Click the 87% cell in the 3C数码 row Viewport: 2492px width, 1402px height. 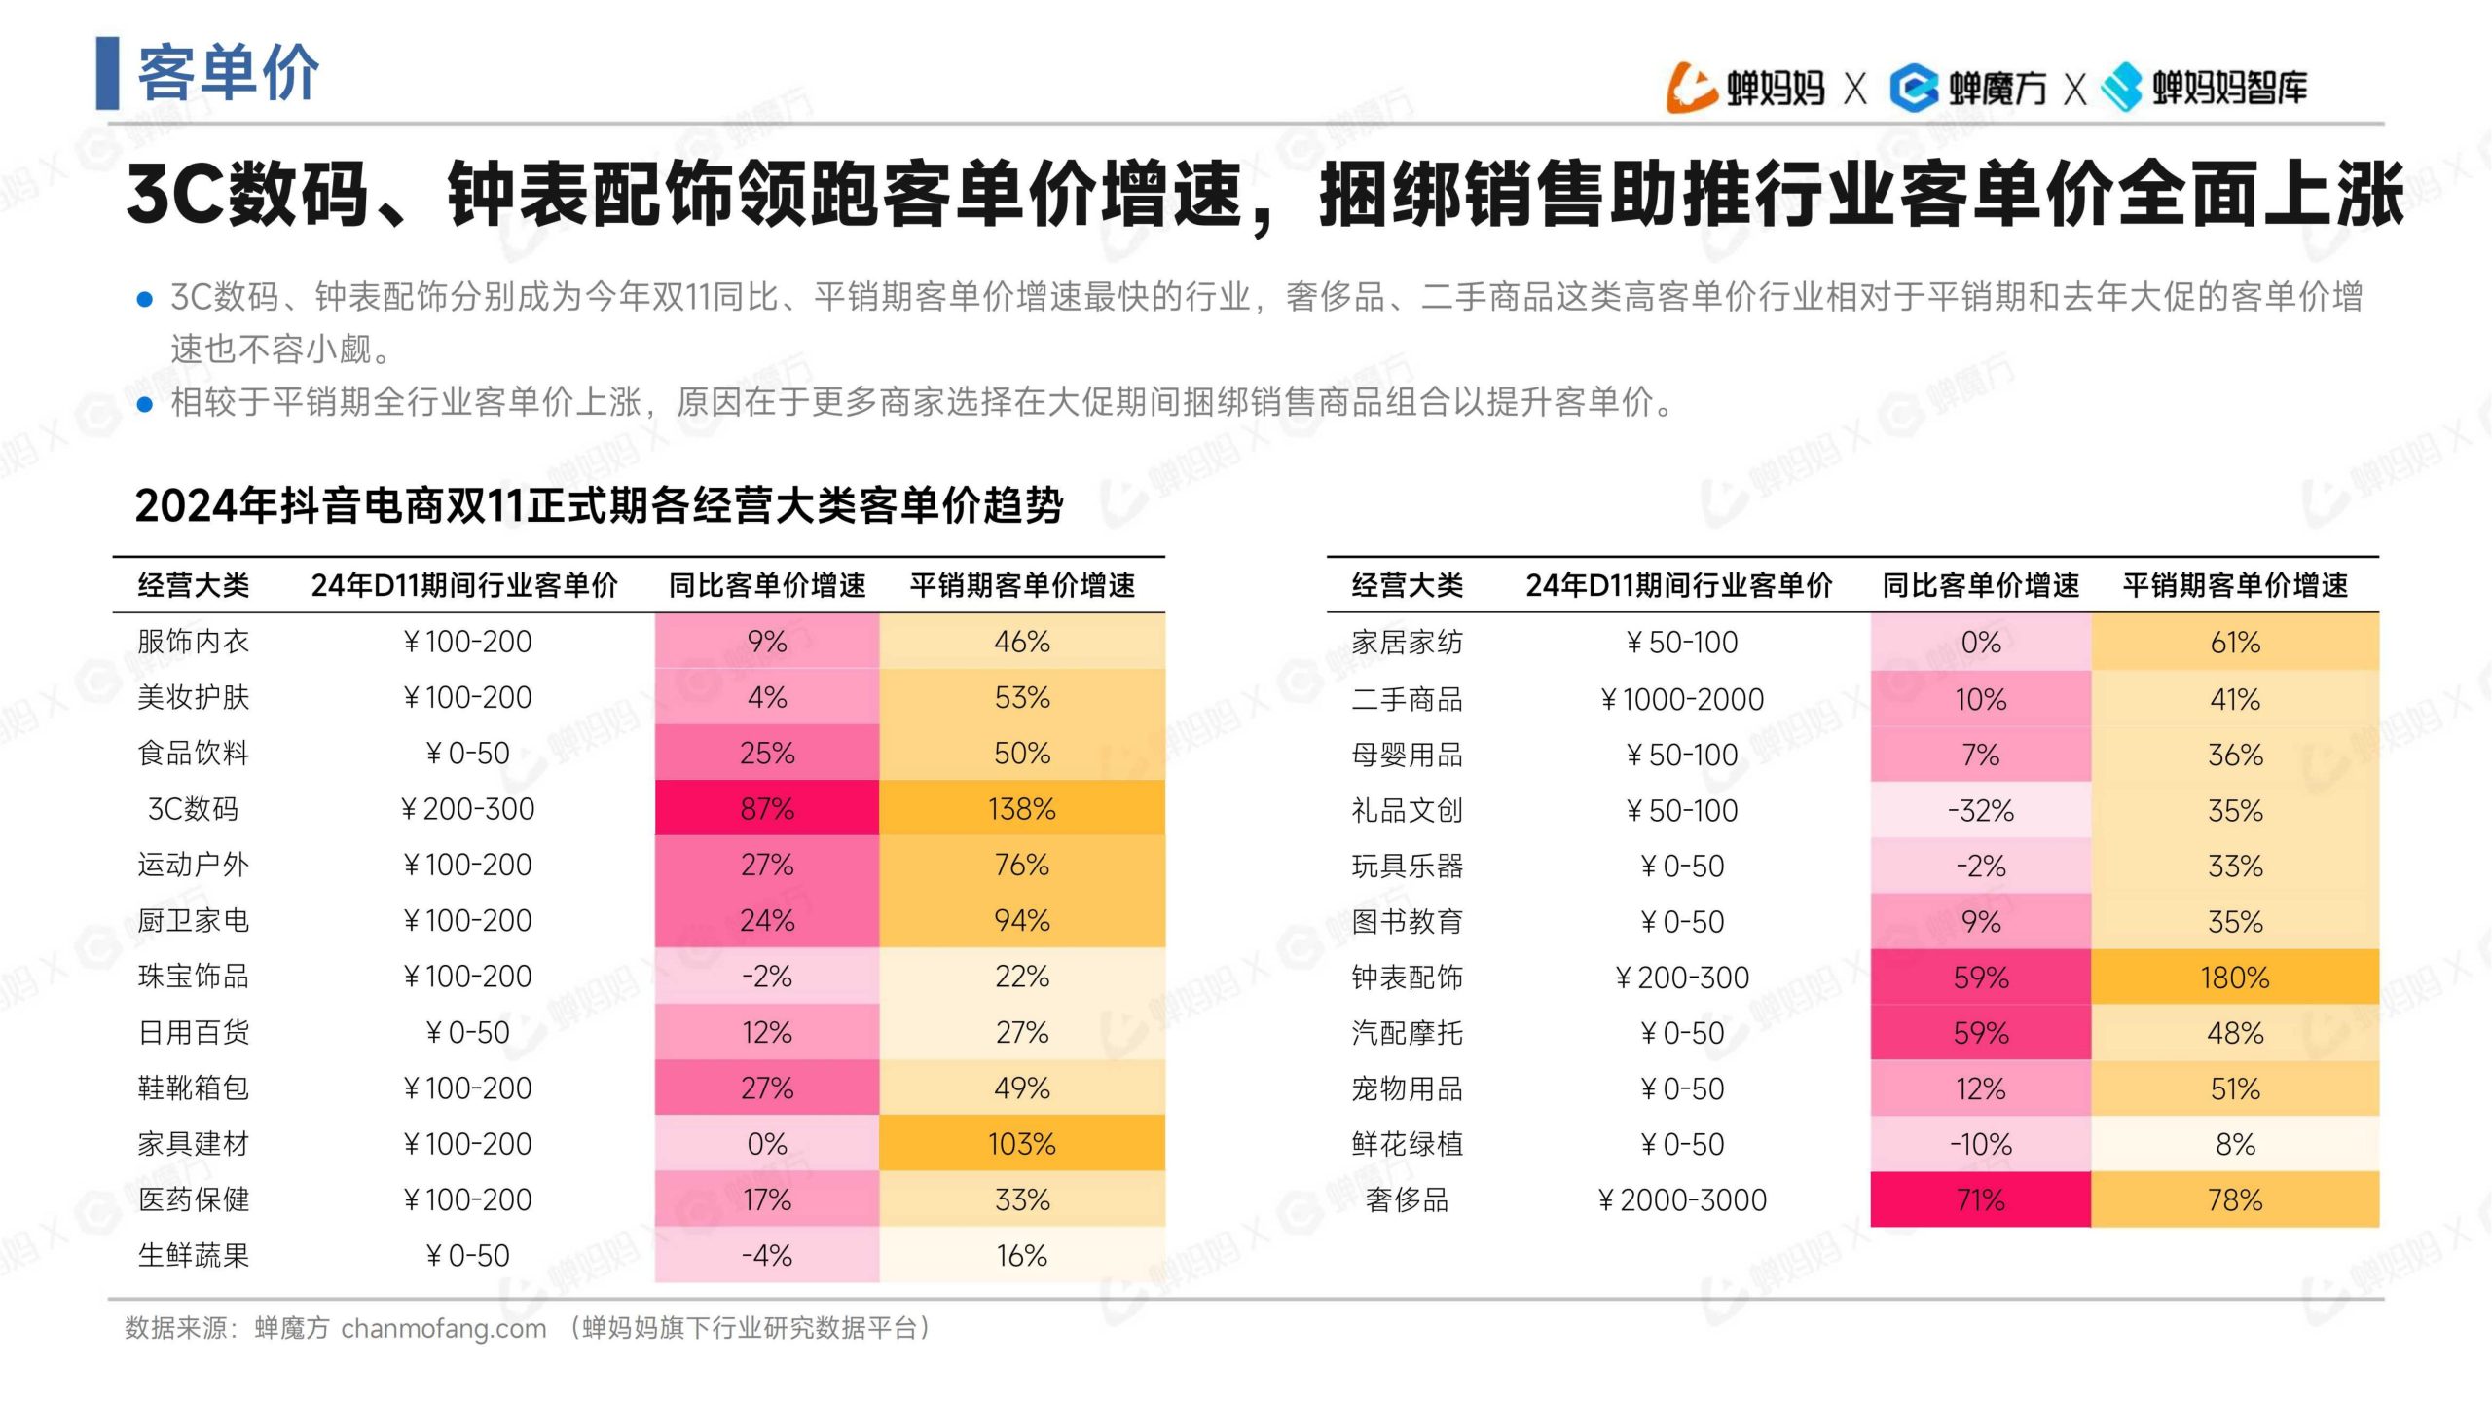[x=767, y=808]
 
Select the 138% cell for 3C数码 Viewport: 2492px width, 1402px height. [x=1021, y=808]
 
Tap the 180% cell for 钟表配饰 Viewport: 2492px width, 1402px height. [x=2234, y=977]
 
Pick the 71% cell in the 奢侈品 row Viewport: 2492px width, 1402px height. [x=1980, y=1199]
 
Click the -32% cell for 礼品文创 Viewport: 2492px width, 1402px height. [x=1980, y=810]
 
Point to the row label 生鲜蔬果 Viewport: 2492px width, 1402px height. [x=194, y=1255]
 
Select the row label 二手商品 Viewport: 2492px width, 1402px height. [x=1407, y=699]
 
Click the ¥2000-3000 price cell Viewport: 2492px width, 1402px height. [x=1682, y=1199]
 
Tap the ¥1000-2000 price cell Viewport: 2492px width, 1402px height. [x=1682, y=699]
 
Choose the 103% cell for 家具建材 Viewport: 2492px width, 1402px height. [x=1021, y=1143]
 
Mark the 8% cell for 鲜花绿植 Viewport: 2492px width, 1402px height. [x=2234, y=1144]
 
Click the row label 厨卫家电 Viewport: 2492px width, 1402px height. [x=194, y=920]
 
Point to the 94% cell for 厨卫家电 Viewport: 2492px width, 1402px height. [x=1021, y=920]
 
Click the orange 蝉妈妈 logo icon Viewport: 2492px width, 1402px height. [x=1691, y=88]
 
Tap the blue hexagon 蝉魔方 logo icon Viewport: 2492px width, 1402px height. [x=1914, y=88]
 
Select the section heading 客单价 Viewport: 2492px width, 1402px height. [x=228, y=73]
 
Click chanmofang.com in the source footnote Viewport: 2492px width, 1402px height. [x=443, y=1328]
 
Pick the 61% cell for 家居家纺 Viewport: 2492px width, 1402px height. [x=2234, y=643]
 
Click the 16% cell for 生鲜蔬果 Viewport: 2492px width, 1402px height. [x=1021, y=1255]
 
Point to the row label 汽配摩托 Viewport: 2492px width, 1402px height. [x=1407, y=1033]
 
